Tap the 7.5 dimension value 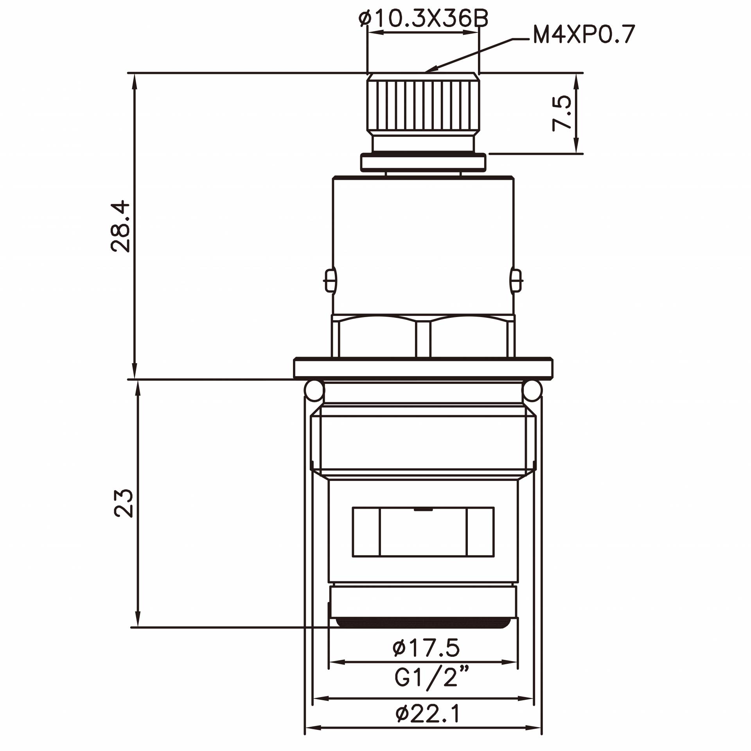tap(562, 113)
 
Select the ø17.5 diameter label tap(426, 648)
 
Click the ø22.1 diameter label tap(428, 713)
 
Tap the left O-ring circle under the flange tap(314, 390)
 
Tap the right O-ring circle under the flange tap(532, 390)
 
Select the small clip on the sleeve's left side tap(330, 280)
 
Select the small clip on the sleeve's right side tap(516, 280)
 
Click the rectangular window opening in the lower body tap(423, 532)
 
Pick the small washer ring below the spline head tap(423, 162)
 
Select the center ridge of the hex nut tap(423, 339)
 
